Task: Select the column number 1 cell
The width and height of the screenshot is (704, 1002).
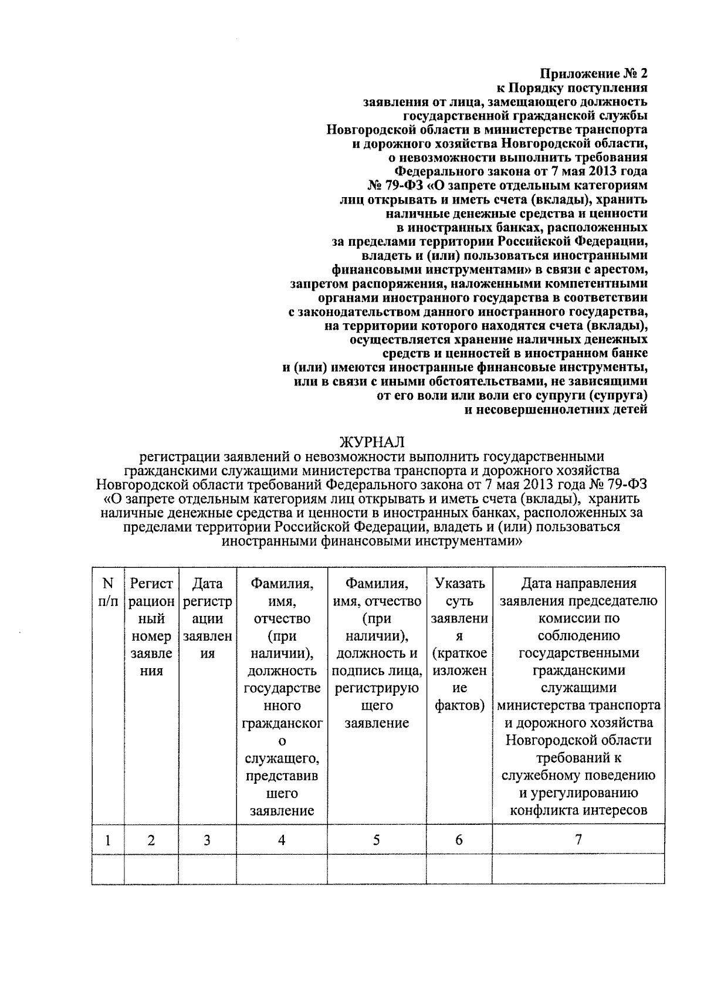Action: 108,840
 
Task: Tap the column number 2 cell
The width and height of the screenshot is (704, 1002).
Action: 151,840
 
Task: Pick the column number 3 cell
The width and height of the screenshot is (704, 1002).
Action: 207,840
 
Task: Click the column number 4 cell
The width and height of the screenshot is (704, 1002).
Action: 282,840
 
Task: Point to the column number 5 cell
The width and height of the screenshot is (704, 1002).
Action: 376,840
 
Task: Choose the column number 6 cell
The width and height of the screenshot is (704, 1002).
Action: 459,840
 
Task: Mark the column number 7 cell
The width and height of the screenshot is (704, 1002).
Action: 578,839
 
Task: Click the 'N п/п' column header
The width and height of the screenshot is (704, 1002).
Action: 108,593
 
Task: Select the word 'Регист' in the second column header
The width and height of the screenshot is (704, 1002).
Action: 151,584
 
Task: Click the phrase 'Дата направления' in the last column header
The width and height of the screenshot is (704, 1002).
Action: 578,584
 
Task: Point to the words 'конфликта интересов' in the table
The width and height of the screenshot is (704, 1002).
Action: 578,811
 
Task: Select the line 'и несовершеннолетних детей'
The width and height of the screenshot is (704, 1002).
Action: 556,409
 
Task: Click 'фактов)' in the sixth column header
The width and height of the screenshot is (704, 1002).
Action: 459,705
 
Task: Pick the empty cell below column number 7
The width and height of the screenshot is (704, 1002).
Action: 578,868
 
